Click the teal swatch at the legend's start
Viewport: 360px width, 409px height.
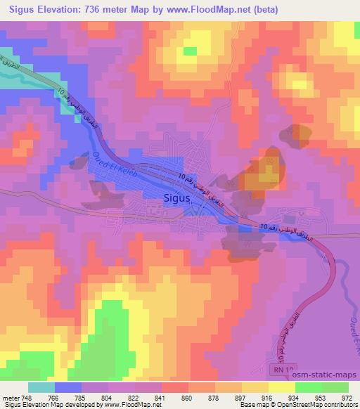[x=41, y=387]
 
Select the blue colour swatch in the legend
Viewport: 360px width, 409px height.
[x=67, y=387]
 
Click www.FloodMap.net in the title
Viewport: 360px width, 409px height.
[x=215, y=10]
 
